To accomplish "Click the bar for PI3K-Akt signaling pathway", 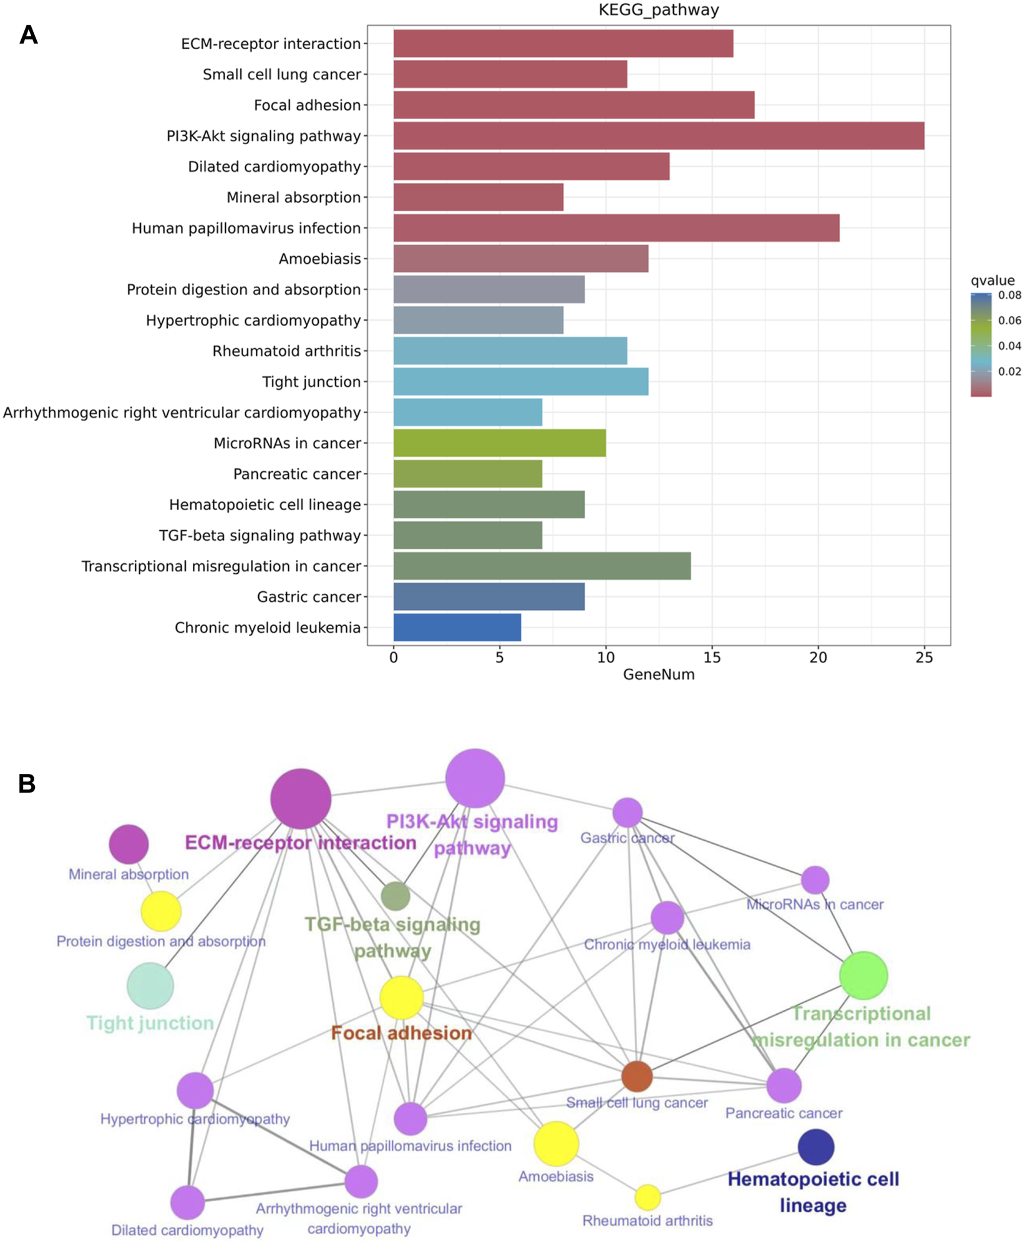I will coord(658,136).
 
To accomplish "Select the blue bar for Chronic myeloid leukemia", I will coord(457,627).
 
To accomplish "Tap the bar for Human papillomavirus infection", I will coord(616,228).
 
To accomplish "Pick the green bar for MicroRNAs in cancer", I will coord(499,443).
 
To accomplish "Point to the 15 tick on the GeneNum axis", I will coord(712,657).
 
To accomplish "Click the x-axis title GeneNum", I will coord(658,675).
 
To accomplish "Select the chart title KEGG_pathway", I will coord(658,10).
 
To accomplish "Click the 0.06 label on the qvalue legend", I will coord(1009,321).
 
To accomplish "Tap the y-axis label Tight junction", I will coord(311,382).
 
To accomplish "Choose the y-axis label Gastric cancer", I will coord(309,597).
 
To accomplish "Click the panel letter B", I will coord(27,784).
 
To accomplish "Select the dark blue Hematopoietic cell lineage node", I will coord(815,1146).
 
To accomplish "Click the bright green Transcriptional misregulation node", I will coord(863,975).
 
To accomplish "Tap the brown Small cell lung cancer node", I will coord(637,1076).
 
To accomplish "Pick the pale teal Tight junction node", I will coord(150,986).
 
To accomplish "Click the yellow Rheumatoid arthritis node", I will coord(648,1197).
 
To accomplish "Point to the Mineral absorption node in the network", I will coord(129,844).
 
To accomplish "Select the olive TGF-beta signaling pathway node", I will coord(395,896).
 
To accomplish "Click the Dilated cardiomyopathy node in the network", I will coord(187,1202).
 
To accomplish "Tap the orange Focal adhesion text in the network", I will coord(401,1033).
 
